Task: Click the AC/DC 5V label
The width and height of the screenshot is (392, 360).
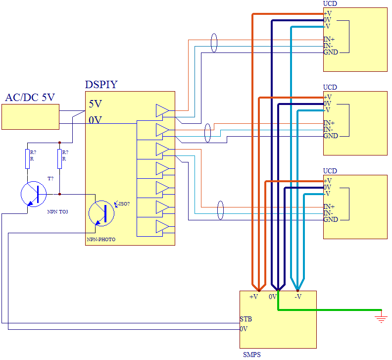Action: tap(30, 98)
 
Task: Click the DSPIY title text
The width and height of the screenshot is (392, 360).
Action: tap(101, 85)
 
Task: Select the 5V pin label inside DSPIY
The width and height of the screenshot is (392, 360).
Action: tap(96, 104)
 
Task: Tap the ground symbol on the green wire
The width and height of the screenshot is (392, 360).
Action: tap(381, 317)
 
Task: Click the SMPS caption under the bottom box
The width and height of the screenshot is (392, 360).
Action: tap(251, 355)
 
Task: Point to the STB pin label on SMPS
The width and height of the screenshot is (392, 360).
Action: tap(246, 319)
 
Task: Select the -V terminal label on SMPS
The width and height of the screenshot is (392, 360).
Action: tap(298, 297)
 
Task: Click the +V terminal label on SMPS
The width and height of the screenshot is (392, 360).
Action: tap(253, 297)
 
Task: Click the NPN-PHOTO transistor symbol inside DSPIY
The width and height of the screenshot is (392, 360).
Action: tap(101, 213)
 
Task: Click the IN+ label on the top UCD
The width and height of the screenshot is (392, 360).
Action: tap(329, 39)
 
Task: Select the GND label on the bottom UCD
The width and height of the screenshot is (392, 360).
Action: tap(331, 219)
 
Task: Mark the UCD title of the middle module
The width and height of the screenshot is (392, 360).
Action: tap(330, 87)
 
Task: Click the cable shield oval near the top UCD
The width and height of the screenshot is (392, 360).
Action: tap(214, 43)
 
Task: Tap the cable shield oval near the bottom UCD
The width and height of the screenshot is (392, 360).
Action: tap(221, 210)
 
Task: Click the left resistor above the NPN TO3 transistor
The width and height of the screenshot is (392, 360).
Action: tap(28, 158)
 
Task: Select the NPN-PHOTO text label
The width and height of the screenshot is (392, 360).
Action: tap(101, 240)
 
